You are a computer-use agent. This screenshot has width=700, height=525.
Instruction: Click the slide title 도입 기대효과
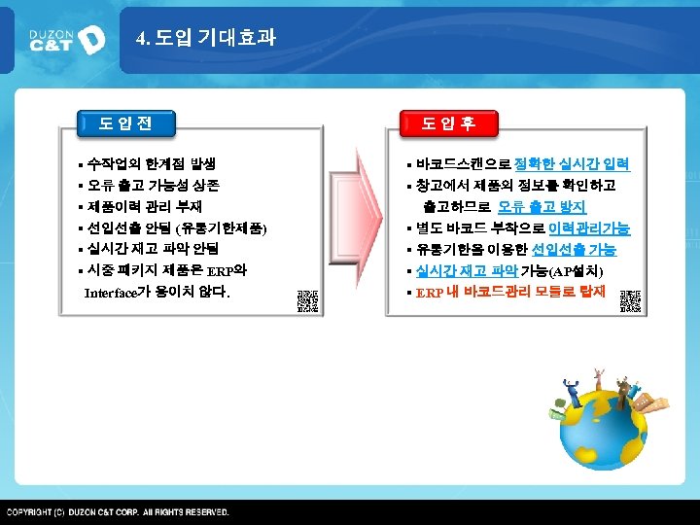[x=206, y=38]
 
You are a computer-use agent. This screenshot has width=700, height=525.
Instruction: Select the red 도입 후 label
[x=447, y=123]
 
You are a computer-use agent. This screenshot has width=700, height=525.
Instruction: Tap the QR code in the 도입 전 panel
[x=307, y=300]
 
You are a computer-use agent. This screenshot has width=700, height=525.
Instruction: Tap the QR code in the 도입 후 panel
[x=630, y=300]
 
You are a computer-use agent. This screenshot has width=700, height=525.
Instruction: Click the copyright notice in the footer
[x=119, y=511]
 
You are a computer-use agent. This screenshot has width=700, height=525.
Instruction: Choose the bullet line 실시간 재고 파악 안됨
[x=153, y=249]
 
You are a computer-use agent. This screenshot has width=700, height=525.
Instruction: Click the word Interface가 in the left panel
[x=115, y=293]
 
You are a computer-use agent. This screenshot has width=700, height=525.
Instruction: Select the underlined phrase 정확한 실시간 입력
[x=573, y=163]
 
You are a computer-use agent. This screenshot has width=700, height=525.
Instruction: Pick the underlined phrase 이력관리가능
[x=589, y=228]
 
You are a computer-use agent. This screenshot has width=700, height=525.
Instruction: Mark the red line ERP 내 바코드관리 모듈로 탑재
[x=509, y=292]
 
